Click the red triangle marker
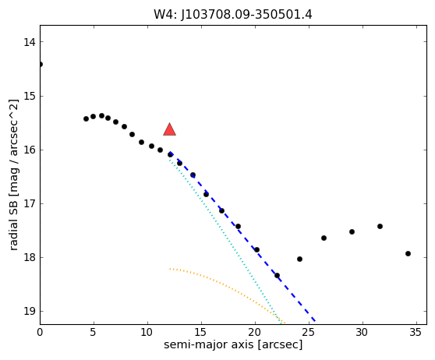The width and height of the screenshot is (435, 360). pos(169,129)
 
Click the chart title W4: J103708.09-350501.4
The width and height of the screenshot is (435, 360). pos(233,15)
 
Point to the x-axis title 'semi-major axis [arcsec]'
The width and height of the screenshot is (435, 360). pos(233,344)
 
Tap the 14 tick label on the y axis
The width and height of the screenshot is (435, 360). pos(29,42)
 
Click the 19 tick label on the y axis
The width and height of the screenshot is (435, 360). pos(29,311)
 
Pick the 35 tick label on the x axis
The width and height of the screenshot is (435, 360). pos(416,332)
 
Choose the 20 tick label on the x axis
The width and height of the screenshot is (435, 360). pos(255,332)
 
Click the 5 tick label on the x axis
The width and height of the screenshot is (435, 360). pos(94,332)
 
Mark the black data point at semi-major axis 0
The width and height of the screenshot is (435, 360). pos(41,65)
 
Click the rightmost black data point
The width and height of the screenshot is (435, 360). pos(408,253)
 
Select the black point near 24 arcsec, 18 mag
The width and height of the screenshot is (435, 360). pos(299,259)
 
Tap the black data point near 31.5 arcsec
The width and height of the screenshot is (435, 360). pos(380,226)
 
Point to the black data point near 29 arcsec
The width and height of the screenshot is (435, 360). pos(352,231)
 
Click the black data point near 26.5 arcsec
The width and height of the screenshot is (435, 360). pos(324,238)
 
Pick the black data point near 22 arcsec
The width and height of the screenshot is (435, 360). pos(277,275)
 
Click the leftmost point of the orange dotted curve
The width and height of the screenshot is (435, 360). pos(170,269)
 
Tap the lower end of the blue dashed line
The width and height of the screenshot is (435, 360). pos(315,321)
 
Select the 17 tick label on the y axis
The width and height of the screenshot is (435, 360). pos(29,203)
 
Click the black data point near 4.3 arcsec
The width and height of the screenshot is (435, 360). pos(86,118)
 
